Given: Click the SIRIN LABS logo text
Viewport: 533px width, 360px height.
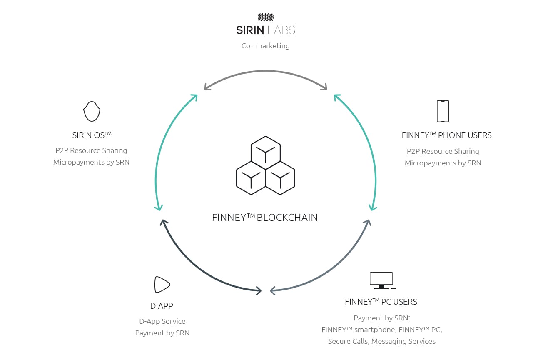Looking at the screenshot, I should click(x=266, y=30).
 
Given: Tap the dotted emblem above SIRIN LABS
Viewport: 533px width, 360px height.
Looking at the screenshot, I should click(x=266, y=17).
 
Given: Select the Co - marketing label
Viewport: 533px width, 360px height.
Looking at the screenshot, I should click(x=266, y=46).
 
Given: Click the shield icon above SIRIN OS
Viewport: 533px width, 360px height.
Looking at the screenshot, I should click(x=92, y=111).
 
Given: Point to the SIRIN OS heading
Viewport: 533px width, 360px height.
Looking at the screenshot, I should click(x=92, y=135).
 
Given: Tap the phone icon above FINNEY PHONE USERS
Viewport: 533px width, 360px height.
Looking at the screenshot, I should click(x=443, y=111).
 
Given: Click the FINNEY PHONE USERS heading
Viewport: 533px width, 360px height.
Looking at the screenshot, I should click(x=446, y=135).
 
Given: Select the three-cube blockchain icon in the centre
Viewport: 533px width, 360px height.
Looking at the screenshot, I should click(x=266, y=165).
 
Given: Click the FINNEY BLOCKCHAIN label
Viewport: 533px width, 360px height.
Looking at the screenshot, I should click(x=265, y=217).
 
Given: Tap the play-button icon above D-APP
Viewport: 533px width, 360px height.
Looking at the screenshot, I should click(x=162, y=285).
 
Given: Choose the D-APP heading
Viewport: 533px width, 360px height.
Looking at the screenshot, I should click(x=162, y=306).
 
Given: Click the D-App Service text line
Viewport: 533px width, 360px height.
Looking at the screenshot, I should click(x=162, y=321).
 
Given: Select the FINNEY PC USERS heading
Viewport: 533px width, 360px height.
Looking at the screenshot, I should click(x=381, y=302).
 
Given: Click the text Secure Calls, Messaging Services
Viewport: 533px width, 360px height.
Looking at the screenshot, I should click(x=381, y=341).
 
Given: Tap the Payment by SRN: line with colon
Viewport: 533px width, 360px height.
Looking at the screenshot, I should click(x=382, y=318).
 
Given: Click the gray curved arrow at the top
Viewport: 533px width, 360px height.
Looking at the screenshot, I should click(x=266, y=71).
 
